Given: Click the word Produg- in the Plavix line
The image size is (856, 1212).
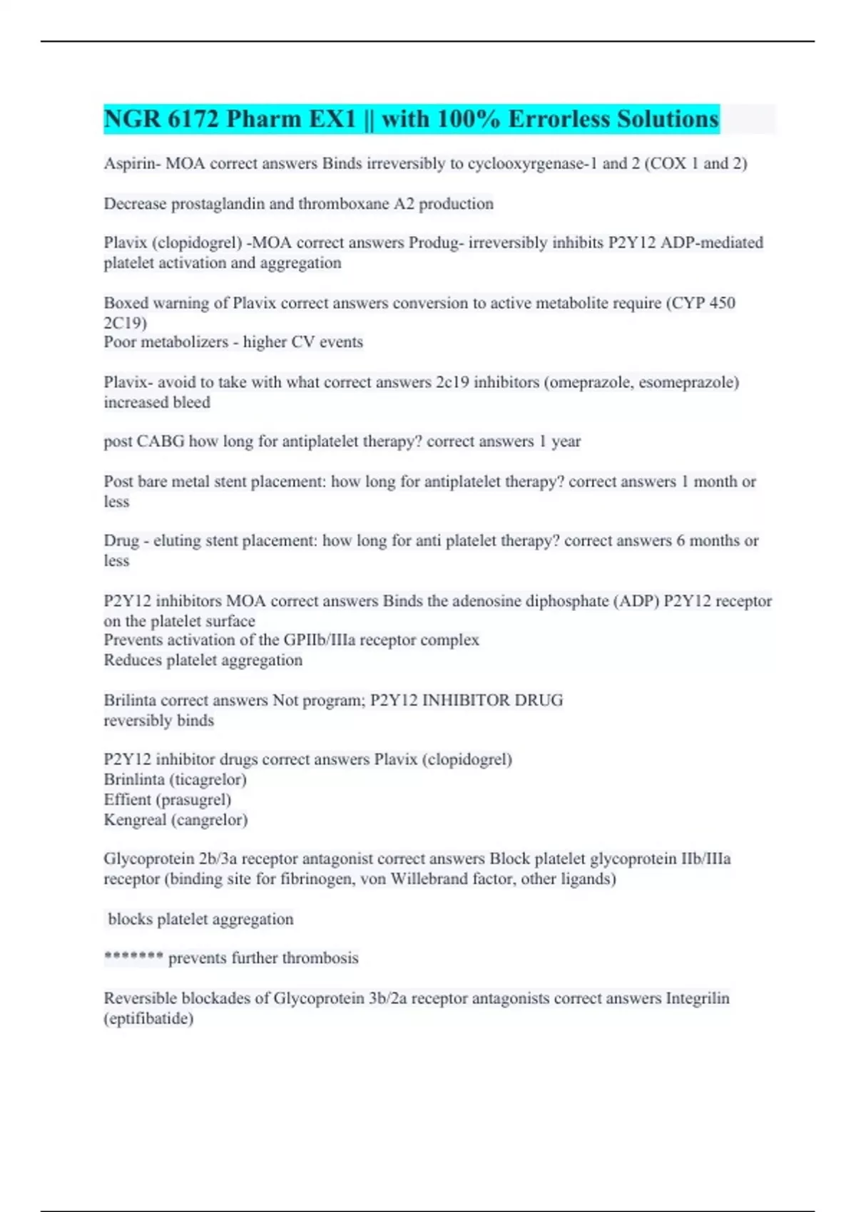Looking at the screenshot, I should click(x=436, y=243).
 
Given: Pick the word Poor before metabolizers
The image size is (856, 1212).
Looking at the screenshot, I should click(x=119, y=342).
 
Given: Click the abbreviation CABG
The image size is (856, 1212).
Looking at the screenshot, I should click(x=160, y=441).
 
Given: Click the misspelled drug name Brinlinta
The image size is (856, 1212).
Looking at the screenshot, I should click(x=134, y=780).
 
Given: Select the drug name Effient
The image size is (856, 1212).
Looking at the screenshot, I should click(x=127, y=800).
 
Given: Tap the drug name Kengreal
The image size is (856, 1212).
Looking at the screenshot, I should click(x=135, y=820).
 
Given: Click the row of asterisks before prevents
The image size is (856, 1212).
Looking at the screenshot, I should click(x=133, y=957).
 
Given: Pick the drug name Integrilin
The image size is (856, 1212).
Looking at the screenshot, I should click(x=697, y=998).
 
